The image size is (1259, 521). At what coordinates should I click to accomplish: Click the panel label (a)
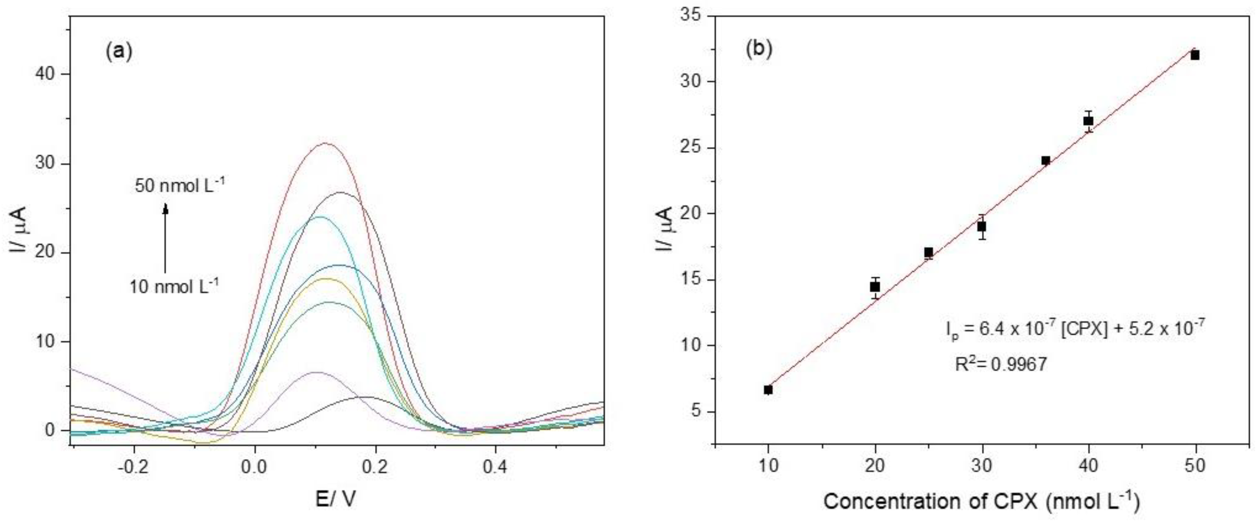tap(119, 51)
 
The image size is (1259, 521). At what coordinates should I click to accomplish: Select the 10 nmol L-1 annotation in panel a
tap(174, 286)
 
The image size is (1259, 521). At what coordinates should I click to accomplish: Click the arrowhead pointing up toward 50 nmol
tap(165, 209)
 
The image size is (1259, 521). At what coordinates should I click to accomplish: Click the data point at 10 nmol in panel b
tap(768, 390)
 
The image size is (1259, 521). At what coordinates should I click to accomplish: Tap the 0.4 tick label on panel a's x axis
tap(495, 467)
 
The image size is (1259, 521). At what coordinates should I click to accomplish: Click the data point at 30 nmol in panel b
tap(982, 226)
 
